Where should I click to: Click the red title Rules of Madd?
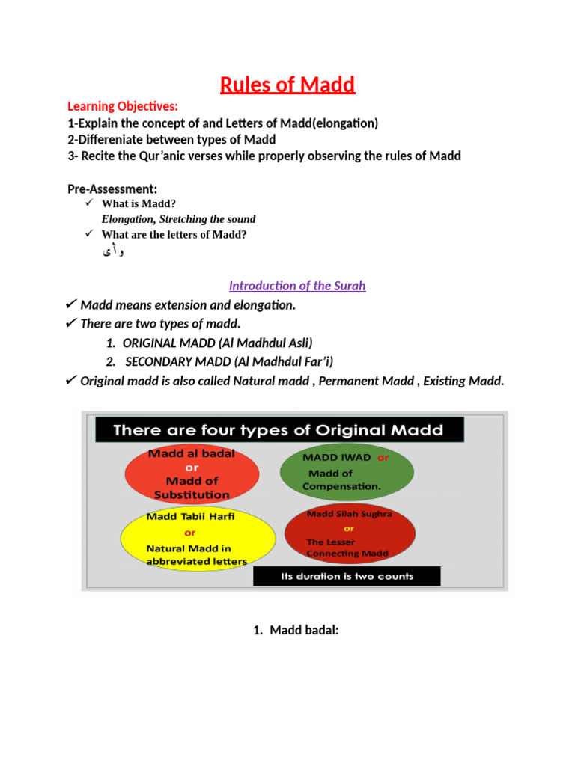pyautogui.click(x=287, y=85)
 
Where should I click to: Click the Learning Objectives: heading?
pyautogui.click(x=124, y=106)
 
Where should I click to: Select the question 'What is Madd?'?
pyautogui.click(x=139, y=203)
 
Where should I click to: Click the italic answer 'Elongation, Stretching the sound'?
pyautogui.click(x=178, y=219)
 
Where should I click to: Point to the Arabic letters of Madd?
pyautogui.click(x=113, y=251)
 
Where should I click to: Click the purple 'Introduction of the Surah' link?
pyautogui.click(x=297, y=286)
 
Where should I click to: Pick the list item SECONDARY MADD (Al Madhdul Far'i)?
pyautogui.click(x=229, y=361)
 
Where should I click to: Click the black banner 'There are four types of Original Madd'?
pyautogui.click(x=279, y=430)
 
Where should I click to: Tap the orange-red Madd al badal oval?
pyautogui.click(x=192, y=474)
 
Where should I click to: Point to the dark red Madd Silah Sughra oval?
pyautogui.click(x=349, y=534)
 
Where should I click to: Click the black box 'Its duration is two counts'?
pyautogui.click(x=347, y=576)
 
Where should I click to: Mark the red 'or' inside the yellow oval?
pyautogui.click(x=190, y=533)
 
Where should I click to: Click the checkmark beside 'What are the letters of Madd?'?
pyautogui.click(x=88, y=234)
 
